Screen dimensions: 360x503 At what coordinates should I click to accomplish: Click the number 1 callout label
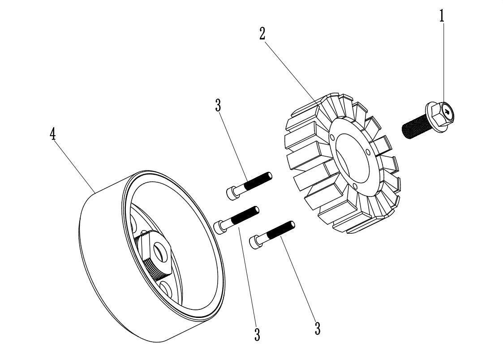(442, 16)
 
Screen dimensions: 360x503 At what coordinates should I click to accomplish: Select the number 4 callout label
(53, 134)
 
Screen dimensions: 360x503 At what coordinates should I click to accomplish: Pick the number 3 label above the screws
(218, 105)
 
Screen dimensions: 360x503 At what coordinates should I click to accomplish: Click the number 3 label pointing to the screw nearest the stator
(317, 329)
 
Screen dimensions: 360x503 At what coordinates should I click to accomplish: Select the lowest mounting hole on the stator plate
(354, 185)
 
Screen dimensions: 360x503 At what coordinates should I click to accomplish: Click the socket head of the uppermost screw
(231, 193)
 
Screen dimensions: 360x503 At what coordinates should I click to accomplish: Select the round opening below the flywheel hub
(166, 289)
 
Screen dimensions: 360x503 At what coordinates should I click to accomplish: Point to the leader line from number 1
(443, 63)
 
